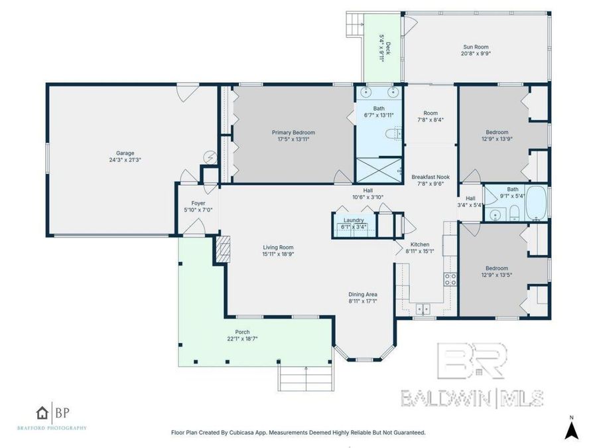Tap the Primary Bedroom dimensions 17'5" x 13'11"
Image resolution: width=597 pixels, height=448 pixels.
click(293, 139)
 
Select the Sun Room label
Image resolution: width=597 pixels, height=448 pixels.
click(476, 47)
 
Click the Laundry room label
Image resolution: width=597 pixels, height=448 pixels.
click(353, 220)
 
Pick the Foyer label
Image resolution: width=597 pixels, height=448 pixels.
click(198, 203)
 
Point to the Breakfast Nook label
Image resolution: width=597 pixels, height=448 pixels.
click(431, 177)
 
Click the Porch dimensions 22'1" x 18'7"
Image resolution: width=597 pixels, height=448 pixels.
click(242, 338)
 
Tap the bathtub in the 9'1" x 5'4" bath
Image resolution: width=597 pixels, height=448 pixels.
click(535, 203)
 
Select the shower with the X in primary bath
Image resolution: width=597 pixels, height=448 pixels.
click(379, 169)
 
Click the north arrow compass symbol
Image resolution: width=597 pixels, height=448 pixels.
click(569, 429)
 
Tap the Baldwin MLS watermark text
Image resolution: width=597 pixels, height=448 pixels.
click(472, 398)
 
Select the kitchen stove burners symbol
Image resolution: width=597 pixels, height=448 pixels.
click(450, 278)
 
